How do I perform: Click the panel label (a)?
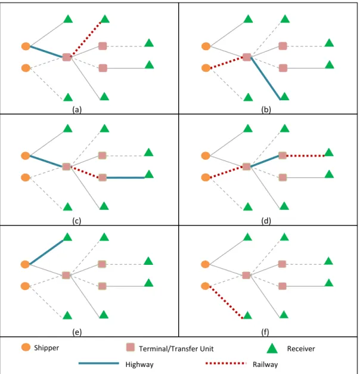(x=77, y=110)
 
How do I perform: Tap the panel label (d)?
(x=266, y=221)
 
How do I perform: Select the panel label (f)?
(x=265, y=332)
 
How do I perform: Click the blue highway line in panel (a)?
(x=46, y=52)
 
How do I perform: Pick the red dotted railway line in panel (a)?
(x=86, y=39)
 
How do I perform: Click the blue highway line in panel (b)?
(x=266, y=78)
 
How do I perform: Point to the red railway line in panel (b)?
(x=226, y=63)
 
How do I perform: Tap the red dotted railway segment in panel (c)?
(x=85, y=172)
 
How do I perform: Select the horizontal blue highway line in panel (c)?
(x=125, y=178)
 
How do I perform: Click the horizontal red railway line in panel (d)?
(x=305, y=156)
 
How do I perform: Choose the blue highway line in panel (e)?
(x=46, y=252)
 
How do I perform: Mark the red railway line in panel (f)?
(x=226, y=302)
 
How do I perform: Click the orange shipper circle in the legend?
(x=26, y=347)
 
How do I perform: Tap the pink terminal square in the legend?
(x=131, y=347)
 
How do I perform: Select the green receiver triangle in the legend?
(x=272, y=348)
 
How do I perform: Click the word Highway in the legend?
(x=139, y=364)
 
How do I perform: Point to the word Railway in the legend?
(x=265, y=364)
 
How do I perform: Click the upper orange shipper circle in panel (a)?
(x=26, y=47)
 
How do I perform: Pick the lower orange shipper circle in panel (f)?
(x=205, y=286)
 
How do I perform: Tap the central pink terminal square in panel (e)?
(x=66, y=275)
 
